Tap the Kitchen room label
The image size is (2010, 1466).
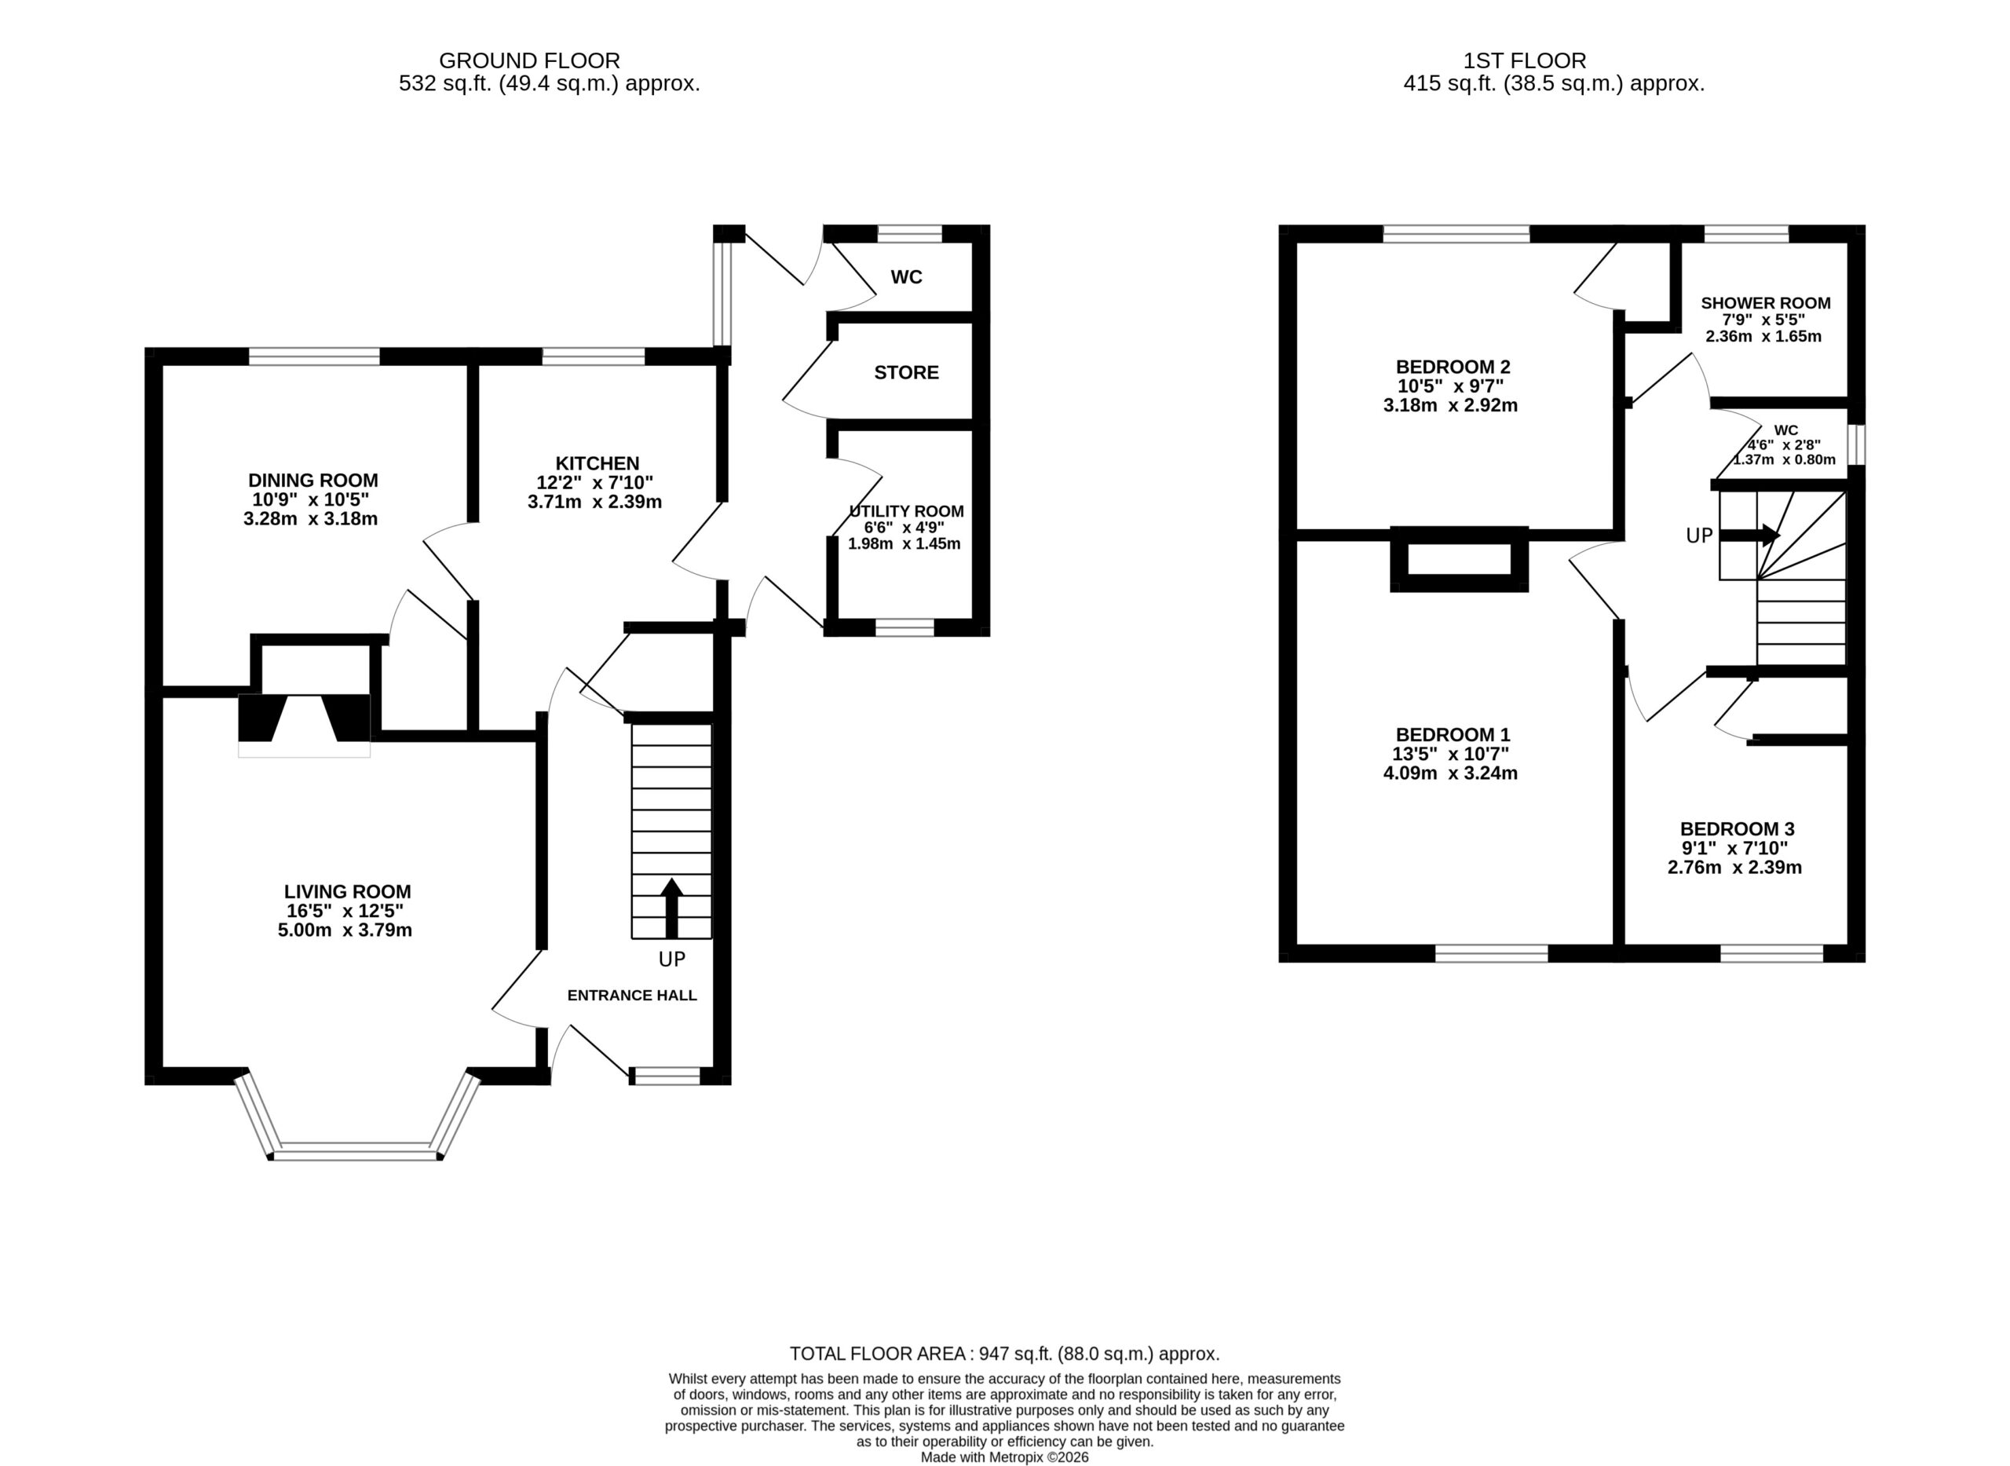point(598,463)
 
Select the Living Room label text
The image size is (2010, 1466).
point(348,892)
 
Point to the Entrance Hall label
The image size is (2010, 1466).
point(632,996)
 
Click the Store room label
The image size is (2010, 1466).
point(906,373)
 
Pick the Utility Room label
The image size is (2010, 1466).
point(906,512)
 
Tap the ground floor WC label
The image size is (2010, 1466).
point(906,278)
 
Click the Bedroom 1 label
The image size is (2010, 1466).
point(1453,735)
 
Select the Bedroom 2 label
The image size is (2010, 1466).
point(1453,367)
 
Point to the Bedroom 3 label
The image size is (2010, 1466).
point(1737,829)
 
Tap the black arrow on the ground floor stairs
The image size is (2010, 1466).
point(672,908)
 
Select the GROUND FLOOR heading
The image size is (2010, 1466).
point(529,61)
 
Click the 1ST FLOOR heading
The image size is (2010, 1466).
point(1525,61)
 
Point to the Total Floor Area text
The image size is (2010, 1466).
point(1004,1354)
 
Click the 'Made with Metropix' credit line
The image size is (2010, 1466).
point(1004,1457)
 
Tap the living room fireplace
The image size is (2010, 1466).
point(305,725)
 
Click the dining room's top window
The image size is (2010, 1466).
point(314,356)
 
